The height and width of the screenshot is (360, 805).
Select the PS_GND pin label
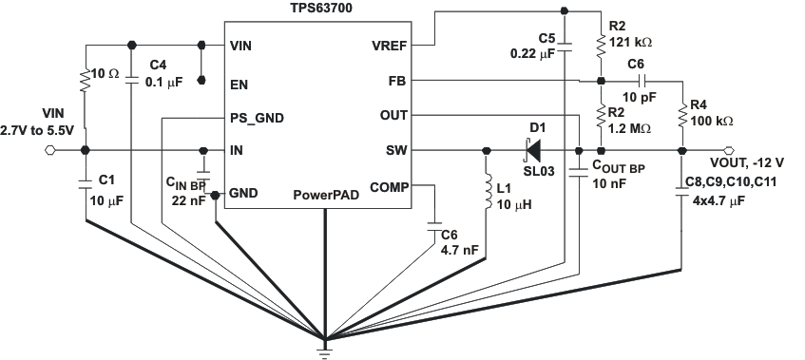[x=257, y=118]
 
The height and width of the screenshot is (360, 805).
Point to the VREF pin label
[x=389, y=45]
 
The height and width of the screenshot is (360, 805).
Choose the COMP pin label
[x=389, y=186]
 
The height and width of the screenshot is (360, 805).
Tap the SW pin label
[x=396, y=150]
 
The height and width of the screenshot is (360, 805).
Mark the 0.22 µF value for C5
[x=533, y=54]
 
